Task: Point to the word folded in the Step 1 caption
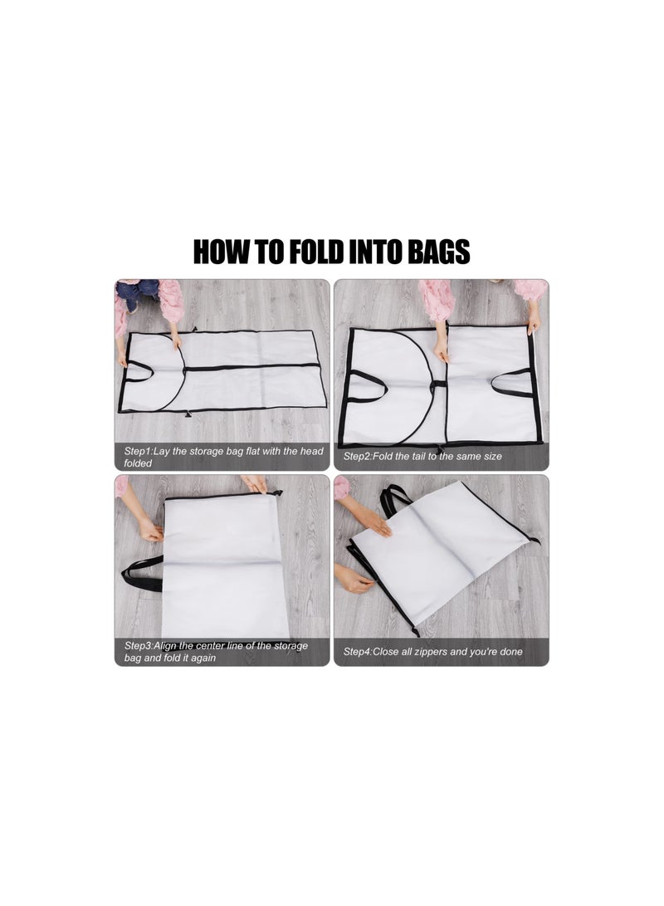coord(139,463)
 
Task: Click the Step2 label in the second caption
coord(359,456)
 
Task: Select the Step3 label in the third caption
coord(140,645)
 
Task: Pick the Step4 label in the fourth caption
coord(359,651)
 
